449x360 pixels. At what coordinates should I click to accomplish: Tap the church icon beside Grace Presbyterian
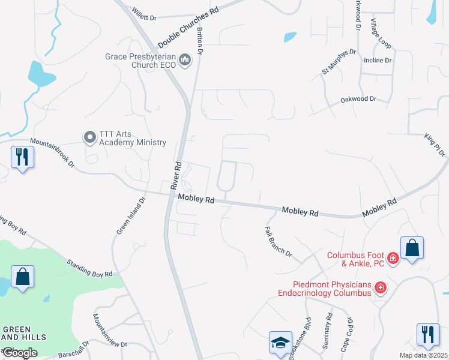click(184, 60)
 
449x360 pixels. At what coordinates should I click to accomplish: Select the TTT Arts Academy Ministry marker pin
click(90, 138)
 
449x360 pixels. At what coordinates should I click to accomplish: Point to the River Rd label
click(176, 175)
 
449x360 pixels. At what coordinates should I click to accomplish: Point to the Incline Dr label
click(378, 61)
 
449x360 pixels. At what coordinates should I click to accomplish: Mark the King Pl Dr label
click(435, 145)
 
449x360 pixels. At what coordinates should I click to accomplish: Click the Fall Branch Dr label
click(278, 242)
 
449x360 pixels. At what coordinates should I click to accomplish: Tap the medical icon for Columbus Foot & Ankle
click(393, 259)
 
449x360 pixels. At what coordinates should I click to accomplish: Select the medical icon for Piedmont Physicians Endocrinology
click(380, 289)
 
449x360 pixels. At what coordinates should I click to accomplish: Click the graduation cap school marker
click(280, 343)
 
